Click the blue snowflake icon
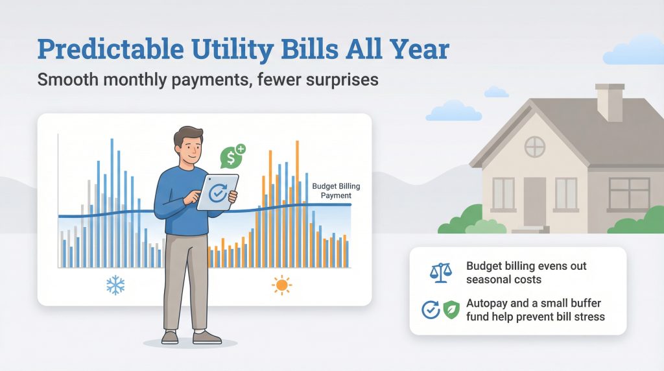tap(115, 285)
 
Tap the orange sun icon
tap(281, 285)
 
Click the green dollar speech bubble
tap(232, 156)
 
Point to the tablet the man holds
tap(217, 192)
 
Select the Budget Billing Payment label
tap(335, 191)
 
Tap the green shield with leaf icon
tap(451, 310)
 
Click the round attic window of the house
tap(535, 147)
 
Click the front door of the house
tap(535, 201)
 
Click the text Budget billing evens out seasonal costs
tap(526, 273)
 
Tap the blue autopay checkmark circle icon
tap(431, 310)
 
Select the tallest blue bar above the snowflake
tap(112, 201)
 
